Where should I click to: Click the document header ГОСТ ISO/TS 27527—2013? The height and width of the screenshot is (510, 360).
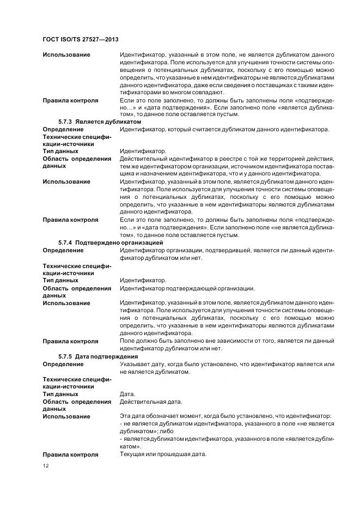(81, 40)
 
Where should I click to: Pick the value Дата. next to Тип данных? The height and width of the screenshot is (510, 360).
(127, 394)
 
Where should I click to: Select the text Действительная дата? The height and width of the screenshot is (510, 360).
(150, 402)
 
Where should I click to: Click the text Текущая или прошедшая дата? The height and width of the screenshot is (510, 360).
(163, 454)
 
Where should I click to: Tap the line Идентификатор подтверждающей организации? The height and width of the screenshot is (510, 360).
(187, 288)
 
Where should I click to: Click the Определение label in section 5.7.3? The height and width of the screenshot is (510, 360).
(63, 129)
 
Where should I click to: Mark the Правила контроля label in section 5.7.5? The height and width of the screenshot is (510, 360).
(70, 454)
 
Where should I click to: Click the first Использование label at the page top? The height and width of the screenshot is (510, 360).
(66, 55)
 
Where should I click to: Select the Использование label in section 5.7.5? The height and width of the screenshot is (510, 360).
(66, 417)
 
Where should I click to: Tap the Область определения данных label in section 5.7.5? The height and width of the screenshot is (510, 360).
(76, 405)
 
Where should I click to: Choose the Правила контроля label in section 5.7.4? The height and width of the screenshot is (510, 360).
(70, 341)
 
